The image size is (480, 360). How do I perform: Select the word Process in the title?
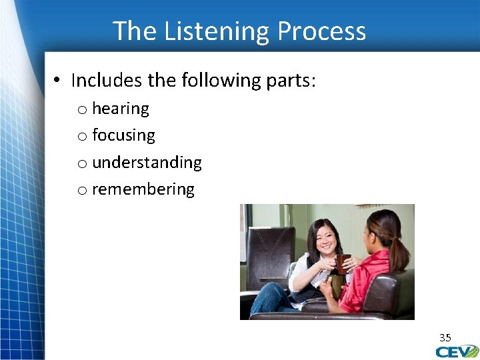(321, 31)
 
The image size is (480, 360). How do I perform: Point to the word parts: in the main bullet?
(291, 81)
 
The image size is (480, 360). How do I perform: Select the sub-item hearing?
(120, 109)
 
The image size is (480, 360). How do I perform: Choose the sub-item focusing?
(123, 135)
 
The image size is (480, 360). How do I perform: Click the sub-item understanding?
(147, 163)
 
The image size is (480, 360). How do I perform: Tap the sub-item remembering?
(143, 189)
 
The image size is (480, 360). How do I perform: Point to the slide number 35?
(445, 337)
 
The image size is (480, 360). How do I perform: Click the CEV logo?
(457, 351)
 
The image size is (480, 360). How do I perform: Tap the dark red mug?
(343, 264)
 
